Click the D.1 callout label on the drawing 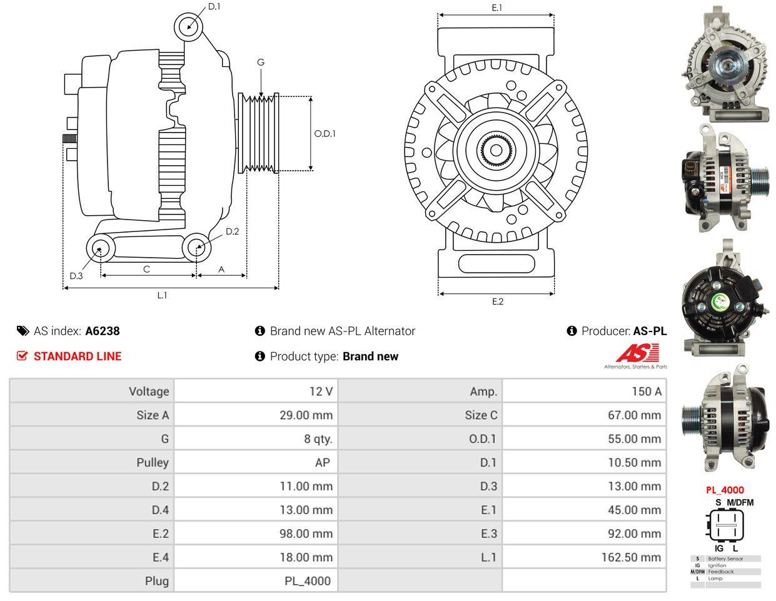click(214, 6)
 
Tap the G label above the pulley click(261, 63)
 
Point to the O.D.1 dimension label click(325, 134)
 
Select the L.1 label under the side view click(162, 295)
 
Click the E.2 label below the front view click(498, 301)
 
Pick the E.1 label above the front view click(496, 8)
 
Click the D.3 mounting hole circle click(100, 248)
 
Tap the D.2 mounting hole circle click(197, 247)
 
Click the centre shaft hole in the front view click(496, 151)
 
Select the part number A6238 click(103, 331)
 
